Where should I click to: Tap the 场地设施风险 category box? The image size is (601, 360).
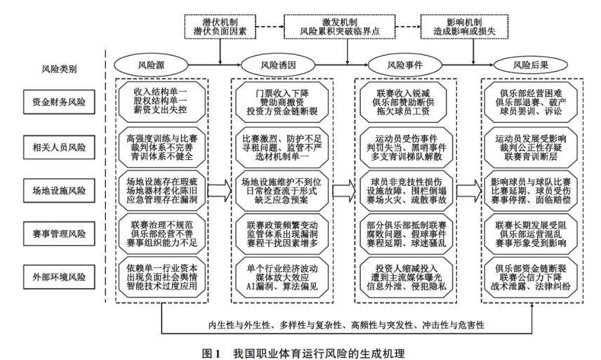[x=59, y=189]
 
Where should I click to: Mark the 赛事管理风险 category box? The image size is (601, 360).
[x=59, y=232]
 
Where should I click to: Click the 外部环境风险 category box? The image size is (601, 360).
[x=59, y=276]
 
